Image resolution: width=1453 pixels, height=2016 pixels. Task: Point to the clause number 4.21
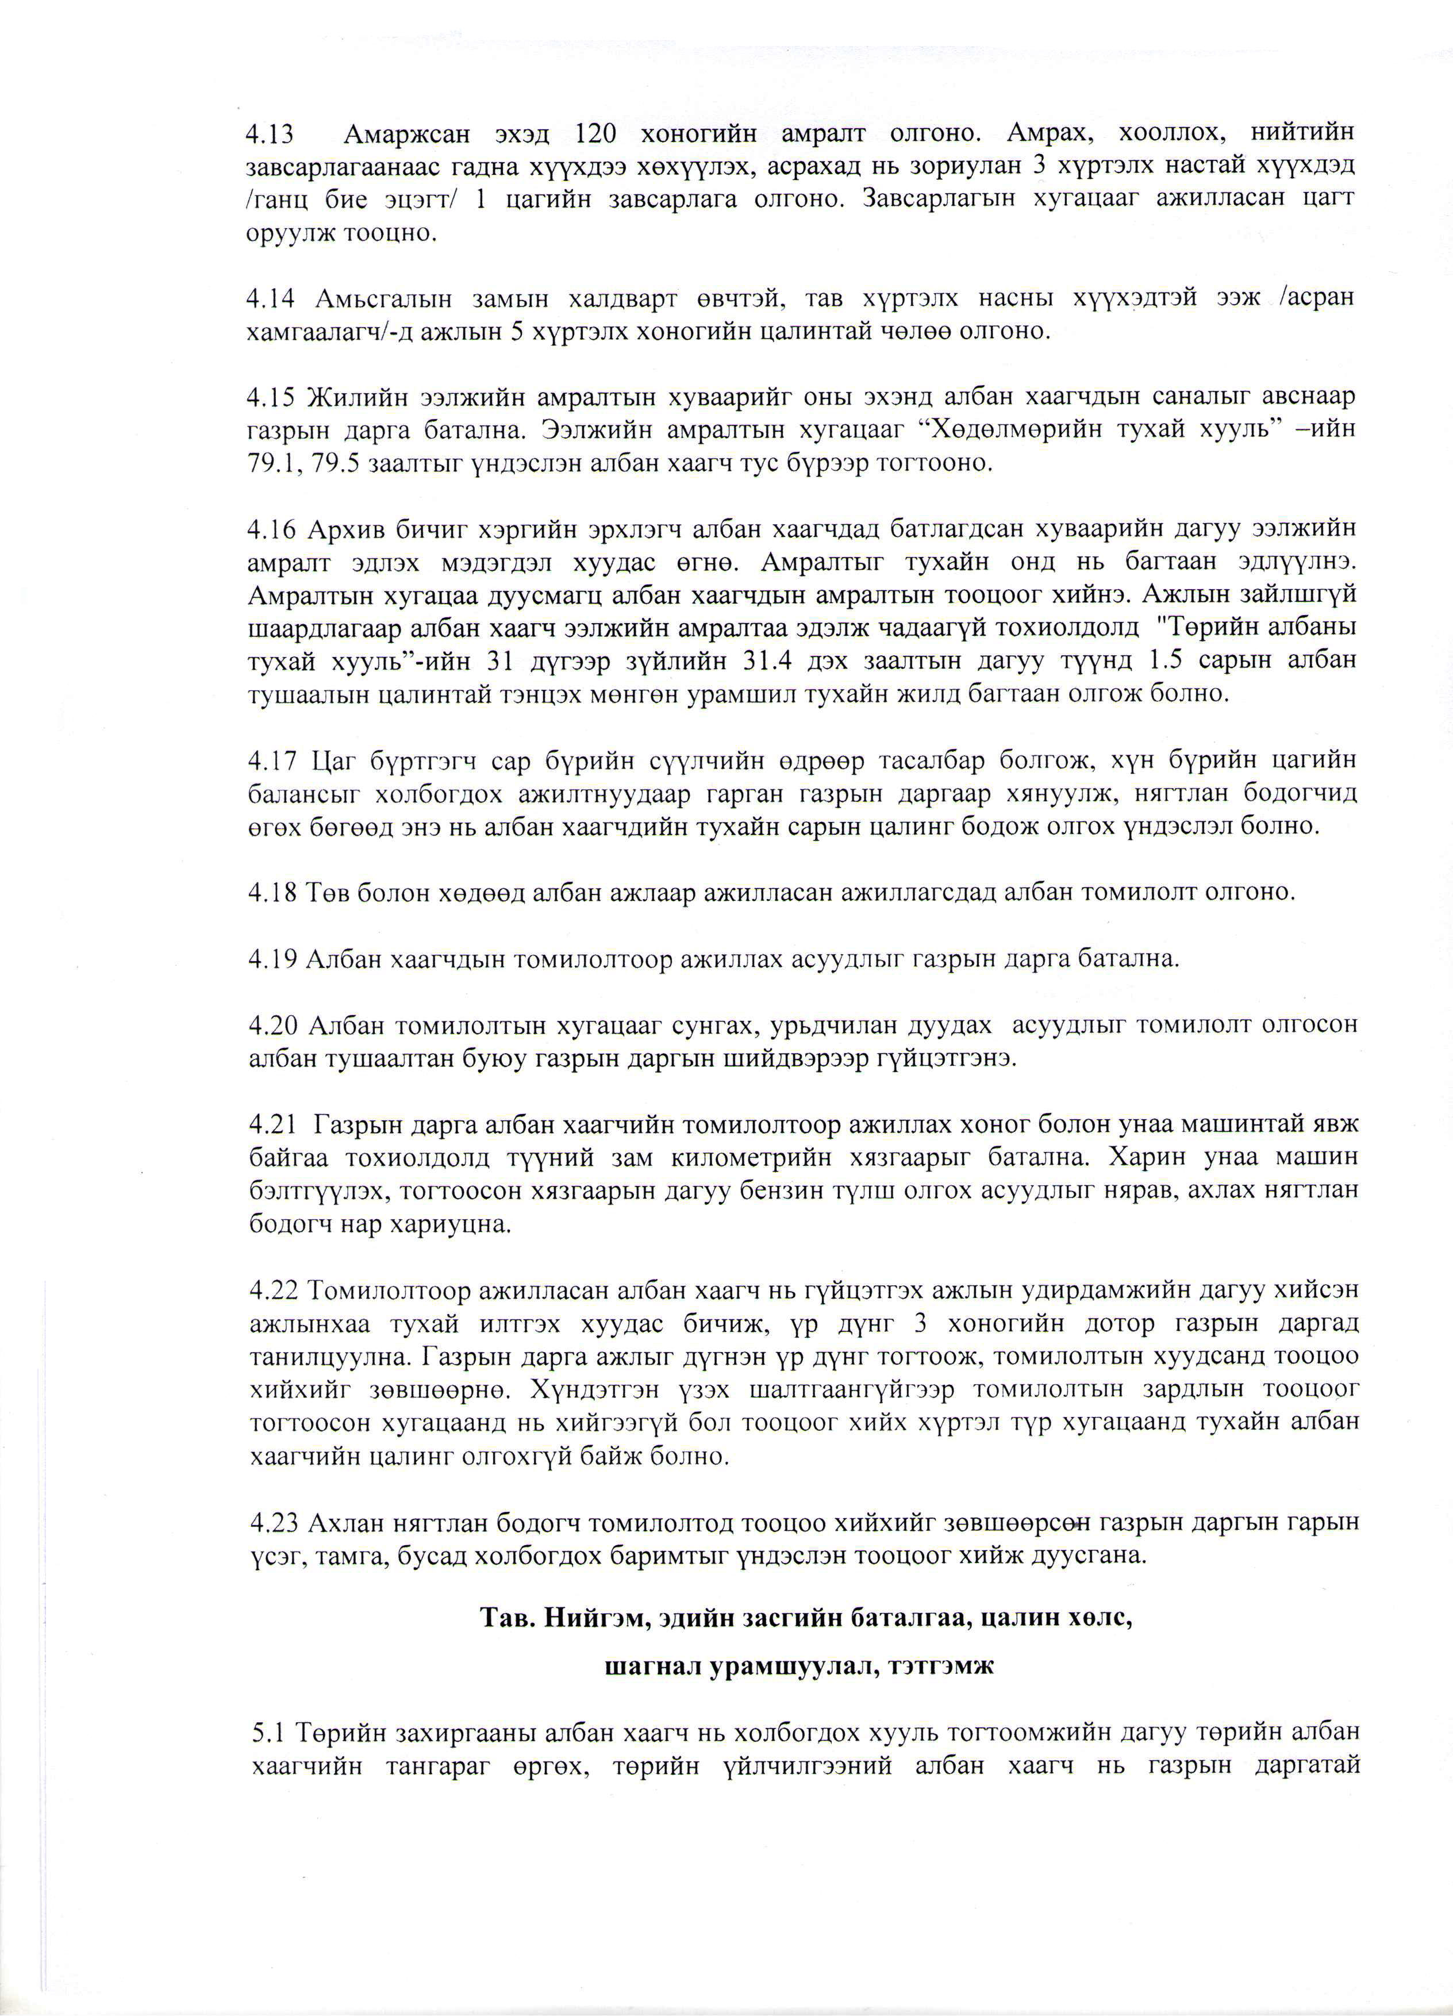pos(272,1124)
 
